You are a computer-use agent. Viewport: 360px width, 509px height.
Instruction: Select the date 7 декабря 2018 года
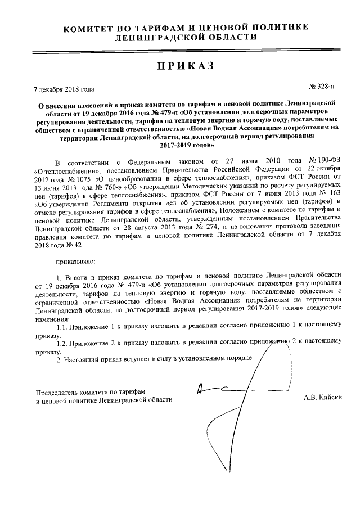pos(64,89)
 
